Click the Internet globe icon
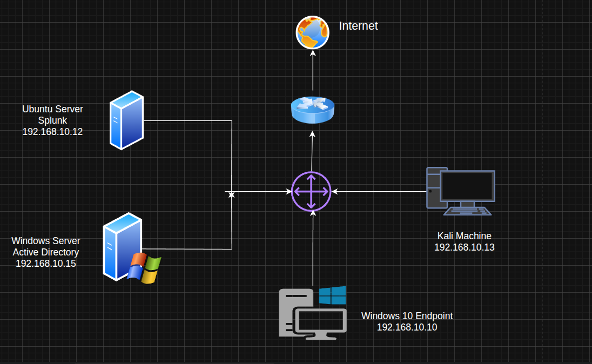(312, 32)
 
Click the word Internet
(358, 25)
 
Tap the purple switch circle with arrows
(311, 191)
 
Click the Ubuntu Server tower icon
(126, 120)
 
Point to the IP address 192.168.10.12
(52, 131)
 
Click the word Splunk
(52, 120)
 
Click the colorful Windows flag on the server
(145, 268)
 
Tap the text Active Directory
(46, 252)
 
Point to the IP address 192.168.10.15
(46, 264)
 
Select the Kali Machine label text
(464, 236)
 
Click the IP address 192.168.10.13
(464, 247)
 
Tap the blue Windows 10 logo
(332, 295)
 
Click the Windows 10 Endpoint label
(407, 316)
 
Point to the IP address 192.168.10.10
(407, 327)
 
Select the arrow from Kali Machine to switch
(378, 191)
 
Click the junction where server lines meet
(232, 194)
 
